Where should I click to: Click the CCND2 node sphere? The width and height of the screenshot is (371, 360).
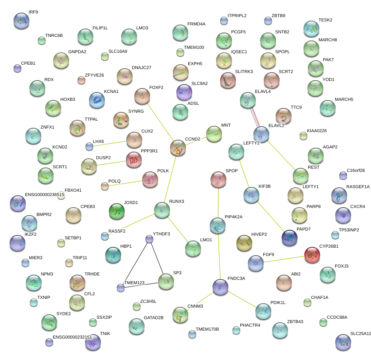178,148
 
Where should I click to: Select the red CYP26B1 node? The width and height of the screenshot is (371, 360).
312,254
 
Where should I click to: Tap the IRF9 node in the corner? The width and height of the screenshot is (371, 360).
21,21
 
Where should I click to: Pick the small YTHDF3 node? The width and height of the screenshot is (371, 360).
149,239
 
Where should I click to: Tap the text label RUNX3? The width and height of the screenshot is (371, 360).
176,202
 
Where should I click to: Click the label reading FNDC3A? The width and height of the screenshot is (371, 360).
236,279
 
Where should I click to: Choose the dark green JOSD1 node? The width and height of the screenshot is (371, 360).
117,211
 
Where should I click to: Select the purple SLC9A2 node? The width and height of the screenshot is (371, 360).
184,92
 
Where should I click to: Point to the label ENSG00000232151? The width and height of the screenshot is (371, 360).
75,337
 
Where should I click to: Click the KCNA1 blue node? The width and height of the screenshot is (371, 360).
97,100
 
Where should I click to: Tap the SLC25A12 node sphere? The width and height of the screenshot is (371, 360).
343,342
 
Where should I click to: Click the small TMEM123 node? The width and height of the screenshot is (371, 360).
121,287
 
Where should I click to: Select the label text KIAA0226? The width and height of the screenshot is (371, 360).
323,131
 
